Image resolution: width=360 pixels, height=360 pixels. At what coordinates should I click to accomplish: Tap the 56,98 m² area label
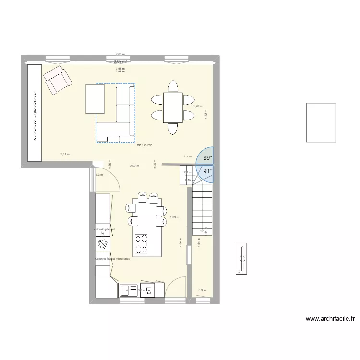pos(144,145)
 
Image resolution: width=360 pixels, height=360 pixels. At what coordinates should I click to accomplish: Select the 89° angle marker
pos(207,157)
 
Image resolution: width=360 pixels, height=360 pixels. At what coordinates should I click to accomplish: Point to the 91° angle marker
pos(207,170)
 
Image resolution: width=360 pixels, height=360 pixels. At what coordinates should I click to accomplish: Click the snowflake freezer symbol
pos(102,244)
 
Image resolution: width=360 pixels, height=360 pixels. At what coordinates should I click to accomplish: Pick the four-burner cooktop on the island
pos(142,243)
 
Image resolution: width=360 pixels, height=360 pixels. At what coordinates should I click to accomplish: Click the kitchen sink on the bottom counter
pos(128,290)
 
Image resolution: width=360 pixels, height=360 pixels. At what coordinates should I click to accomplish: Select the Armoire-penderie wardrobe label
pos(35,114)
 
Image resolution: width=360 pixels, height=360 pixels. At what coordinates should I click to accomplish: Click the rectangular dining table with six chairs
pos(172,108)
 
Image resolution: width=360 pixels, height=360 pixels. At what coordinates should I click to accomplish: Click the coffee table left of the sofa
pos(95,99)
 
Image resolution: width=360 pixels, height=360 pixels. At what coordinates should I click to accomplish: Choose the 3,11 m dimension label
pos(65,154)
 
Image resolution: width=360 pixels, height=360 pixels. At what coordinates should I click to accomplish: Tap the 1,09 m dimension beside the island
pos(174,217)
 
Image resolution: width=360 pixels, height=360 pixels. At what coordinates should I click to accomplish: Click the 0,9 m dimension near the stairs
pos(202,290)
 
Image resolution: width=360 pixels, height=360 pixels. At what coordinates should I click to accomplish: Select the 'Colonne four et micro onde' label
pos(112,259)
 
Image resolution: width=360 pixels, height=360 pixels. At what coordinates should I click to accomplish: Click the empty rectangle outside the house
pos(321,122)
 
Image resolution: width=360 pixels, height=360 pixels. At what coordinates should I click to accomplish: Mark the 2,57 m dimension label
pos(134,166)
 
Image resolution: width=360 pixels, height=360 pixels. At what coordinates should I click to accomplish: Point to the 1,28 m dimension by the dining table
pos(198,106)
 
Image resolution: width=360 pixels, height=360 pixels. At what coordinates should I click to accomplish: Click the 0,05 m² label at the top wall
pos(120,61)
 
